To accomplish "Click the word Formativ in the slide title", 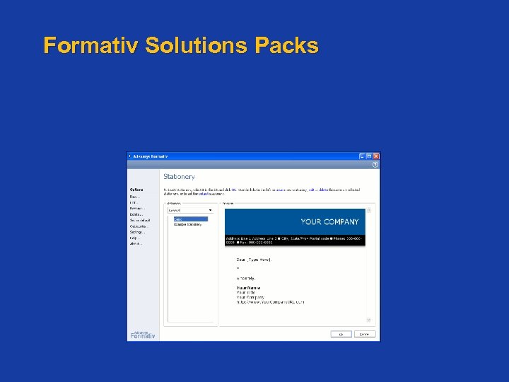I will tap(90, 46).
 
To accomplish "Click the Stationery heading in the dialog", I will tap(179, 176).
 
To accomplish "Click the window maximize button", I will tap(369, 156).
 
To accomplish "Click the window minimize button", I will tap(362, 156).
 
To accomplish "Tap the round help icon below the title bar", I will tap(375, 164).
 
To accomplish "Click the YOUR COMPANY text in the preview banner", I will tap(329, 221).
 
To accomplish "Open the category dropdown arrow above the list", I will tap(210, 210).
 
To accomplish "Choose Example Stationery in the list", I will tap(188, 224).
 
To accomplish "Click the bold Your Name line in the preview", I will tap(248, 288).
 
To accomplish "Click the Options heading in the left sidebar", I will tap(136, 190).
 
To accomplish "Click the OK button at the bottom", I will tap(341, 334).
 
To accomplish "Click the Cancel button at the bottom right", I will tap(364, 334).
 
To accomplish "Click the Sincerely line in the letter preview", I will tap(247, 278).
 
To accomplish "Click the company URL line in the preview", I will tap(270, 302).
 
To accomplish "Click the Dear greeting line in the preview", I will tap(253, 260).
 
